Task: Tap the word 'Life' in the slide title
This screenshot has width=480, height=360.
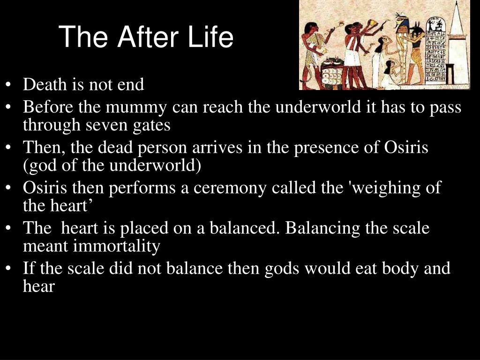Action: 210,37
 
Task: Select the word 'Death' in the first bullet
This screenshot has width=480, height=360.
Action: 45,84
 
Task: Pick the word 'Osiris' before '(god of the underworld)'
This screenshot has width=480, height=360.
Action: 406,147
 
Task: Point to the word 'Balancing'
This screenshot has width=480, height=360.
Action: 322,228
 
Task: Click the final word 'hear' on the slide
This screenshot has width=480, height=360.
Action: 39,286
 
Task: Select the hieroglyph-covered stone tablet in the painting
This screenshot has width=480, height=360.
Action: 436,49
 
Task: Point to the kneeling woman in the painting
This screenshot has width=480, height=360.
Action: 389,75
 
